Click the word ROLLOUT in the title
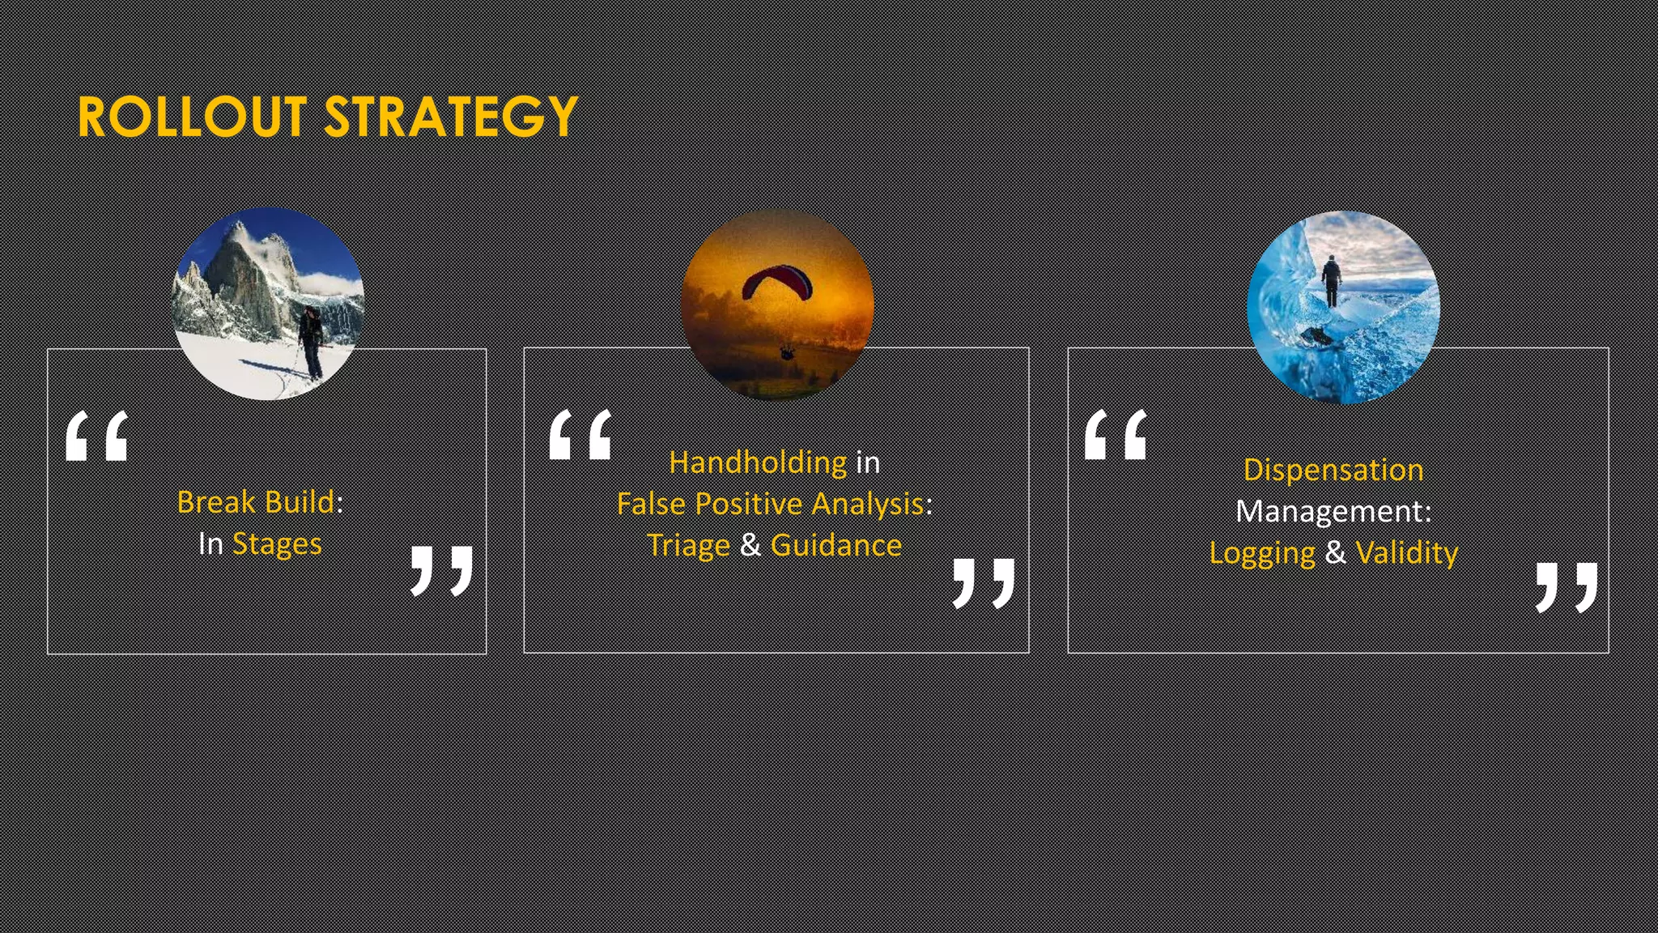point(192,117)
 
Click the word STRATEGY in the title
point(450,117)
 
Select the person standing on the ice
point(1331,280)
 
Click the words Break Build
point(255,502)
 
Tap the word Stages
point(277,543)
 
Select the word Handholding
point(758,462)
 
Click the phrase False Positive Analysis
point(770,504)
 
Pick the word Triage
point(689,545)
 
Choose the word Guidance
point(836,545)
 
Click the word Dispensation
point(1333,470)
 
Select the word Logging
point(1262,553)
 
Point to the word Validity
point(1407,553)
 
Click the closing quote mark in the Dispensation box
point(1567,586)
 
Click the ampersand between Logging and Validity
point(1336,552)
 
